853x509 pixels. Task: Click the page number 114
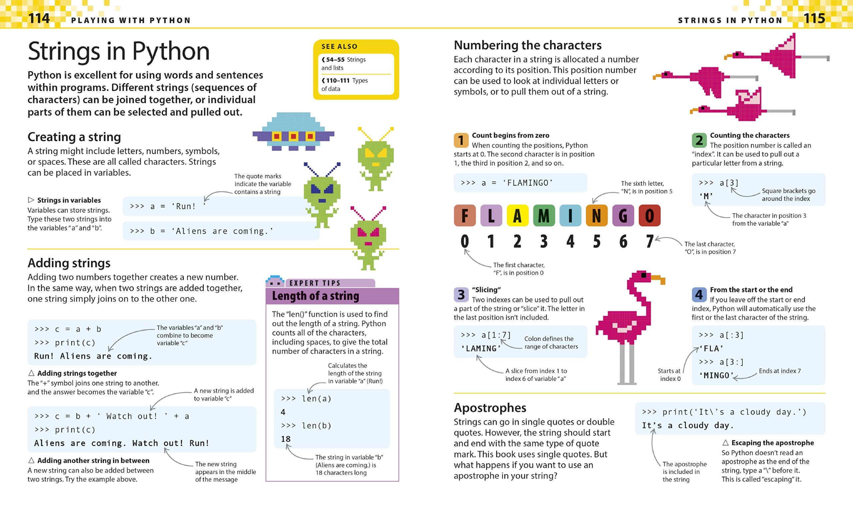pos(39,18)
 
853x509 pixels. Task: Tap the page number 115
pos(814,18)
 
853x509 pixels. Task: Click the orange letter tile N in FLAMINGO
pos(596,215)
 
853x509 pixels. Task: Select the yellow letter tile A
pos(517,215)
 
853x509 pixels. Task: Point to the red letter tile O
pos(649,215)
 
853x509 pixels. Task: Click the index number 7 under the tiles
pos(649,241)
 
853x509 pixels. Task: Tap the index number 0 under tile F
pos(464,241)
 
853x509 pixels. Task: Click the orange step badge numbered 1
pos(461,140)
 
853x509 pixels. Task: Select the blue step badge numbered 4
pos(699,294)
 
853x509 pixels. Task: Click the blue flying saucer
pos(294,131)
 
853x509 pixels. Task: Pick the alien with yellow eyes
pos(376,159)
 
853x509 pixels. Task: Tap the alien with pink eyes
pos(368,238)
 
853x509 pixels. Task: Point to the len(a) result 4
pos(283,412)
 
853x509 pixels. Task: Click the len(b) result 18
pos(286,439)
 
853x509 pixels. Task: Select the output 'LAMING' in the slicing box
pos(480,349)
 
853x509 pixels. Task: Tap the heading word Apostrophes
pos(490,407)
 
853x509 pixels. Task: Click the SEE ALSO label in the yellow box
pos(339,46)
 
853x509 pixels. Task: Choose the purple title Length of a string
pos(316,296)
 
